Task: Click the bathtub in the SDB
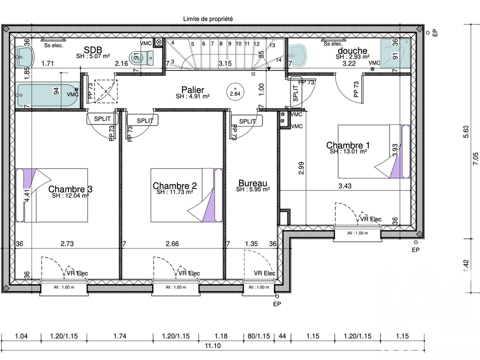click(48, 94)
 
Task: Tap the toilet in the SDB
click(141, 57)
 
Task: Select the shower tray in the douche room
click(395, 53)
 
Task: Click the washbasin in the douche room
click(297, 55)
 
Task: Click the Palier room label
click(192, 89)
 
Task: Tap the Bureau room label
click(252, 183)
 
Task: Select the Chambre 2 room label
click(174, 185)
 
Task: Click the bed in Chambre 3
click(51, 195)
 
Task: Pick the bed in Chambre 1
click(374, 151)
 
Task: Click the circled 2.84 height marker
click(235, 91)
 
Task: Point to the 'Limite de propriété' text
click(208, 19)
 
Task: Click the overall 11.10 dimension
click(213, 346)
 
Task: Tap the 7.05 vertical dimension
click(475, 159)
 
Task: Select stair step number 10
click(238, 44)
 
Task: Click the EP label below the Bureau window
click(277, 304)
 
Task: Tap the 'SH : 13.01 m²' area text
click(348, 151)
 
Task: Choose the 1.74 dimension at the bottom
click(119, 336)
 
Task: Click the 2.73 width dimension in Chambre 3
click(67, 243)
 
